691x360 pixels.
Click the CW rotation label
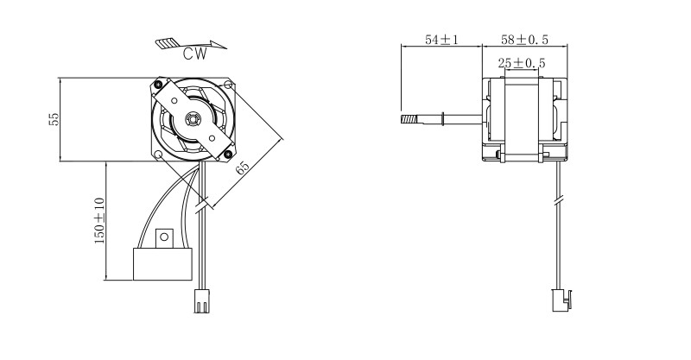[195, 54]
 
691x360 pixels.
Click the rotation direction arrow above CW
[191, 44]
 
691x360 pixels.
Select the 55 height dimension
[54, 119]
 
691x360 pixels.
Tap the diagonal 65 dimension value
[243, 167]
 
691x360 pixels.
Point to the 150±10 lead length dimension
[99, 221]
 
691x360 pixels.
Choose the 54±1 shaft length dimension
[441, 40]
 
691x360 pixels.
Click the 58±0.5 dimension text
[524, 40]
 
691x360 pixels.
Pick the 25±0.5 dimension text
[522, 63]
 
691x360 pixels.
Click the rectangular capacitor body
[162, 264]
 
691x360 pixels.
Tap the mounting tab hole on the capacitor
[164, 237]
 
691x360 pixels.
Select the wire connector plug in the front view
[202, 301]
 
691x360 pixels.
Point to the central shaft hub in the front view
[193, 118]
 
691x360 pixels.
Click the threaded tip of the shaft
[409, 119]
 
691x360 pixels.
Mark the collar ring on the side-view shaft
[442, 119]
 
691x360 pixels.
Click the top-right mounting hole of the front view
[228, 84]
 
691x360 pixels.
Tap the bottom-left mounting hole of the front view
[158, 155]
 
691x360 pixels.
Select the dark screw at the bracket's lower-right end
[228, 155]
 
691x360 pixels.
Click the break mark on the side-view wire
[558, 201]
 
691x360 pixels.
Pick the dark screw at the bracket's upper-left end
[158, 84]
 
